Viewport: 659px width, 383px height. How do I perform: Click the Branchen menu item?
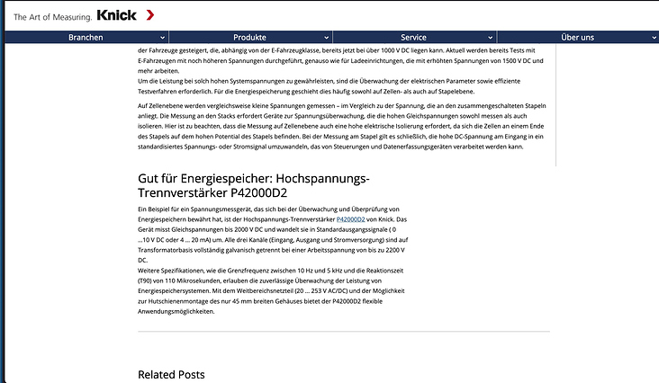pyautogui.click(x=85, y=38)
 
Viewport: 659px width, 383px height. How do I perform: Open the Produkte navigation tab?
pyautogui.click(x=249, y=38)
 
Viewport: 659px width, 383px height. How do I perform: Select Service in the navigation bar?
pyautogui.click(x=413, y=38)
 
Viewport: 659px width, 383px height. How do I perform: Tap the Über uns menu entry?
pyautogui.click(x=577, y=38)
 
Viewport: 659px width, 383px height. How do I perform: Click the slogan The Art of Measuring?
pyautogui.click(x=51, y=16)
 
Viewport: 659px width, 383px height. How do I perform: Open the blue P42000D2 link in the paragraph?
pyautogui.click(x=350, y=218)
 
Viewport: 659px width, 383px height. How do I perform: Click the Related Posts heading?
pyautogui.click(x=171, y=374)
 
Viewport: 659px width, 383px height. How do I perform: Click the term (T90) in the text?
pyautogui.click(x=147, y=281)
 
